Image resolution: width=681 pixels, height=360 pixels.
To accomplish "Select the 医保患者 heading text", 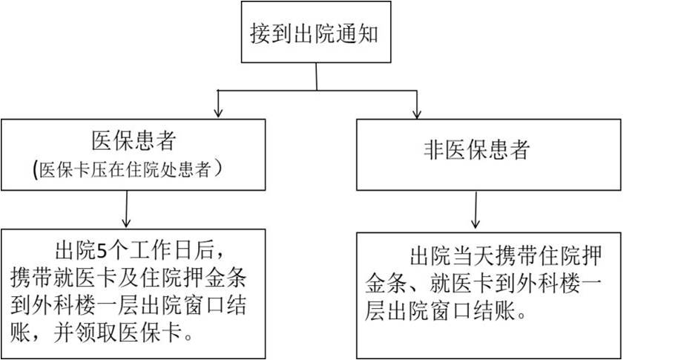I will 133,140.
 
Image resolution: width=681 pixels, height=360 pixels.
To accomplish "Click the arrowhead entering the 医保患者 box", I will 217,113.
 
